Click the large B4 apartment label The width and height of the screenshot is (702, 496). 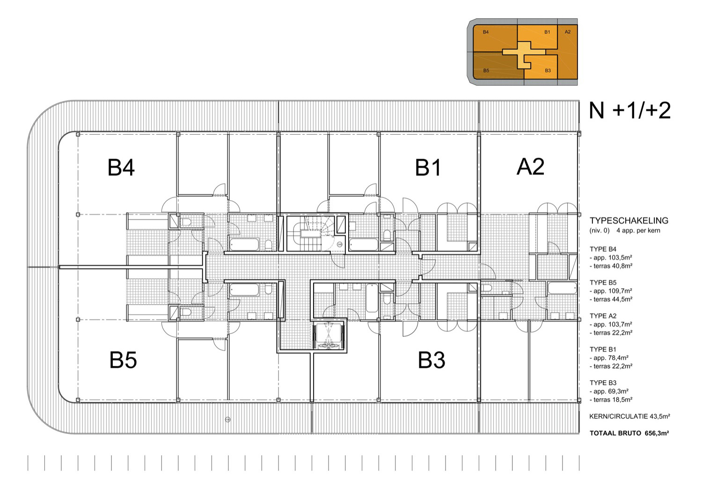[121, 168]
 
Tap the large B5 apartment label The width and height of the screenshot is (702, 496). [123, 360]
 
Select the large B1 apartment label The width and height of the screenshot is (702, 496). [428, 168]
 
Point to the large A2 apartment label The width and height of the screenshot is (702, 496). [530, 167]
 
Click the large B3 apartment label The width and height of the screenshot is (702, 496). [431, 360]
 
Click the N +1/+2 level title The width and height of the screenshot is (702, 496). [629, 110]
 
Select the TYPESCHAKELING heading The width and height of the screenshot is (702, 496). [629, 220]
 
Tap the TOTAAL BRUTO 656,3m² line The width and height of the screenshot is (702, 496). [629, 433]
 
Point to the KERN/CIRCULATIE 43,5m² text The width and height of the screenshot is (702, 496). [629, 416]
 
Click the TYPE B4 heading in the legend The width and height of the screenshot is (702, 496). [603, 249]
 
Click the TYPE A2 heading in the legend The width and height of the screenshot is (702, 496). [603, 316]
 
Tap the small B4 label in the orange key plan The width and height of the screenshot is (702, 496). [486, 32]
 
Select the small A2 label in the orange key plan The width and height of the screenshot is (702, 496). [568, 32]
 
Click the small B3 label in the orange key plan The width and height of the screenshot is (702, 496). [548, 71]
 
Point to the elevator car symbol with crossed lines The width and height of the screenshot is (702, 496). [329, 336]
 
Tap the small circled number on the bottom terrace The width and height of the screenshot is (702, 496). [228, 420]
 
